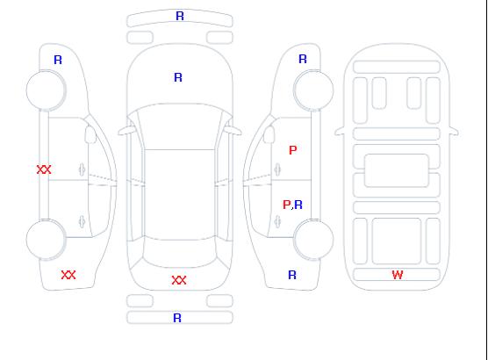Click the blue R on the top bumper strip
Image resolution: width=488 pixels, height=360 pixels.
[180, 16]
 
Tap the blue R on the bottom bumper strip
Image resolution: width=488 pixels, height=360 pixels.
[177, 318]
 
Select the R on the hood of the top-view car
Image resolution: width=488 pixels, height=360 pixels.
[178, 77]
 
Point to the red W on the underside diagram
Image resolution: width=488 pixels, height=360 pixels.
[398, 275]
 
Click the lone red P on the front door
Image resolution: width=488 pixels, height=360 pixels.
[293, 150]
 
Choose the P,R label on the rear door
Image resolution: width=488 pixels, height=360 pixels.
[292, 205]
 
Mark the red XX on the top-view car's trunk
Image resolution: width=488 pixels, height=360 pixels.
[179, 280]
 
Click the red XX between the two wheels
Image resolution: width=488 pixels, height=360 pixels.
[44, 169]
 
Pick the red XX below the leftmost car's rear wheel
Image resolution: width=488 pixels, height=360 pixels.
[68, 275]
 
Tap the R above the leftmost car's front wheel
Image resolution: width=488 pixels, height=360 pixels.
[58, 60]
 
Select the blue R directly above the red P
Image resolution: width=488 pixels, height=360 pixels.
[303, 59]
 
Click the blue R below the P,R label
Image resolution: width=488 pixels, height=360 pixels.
[292, 275]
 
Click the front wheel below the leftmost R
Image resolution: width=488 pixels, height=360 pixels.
[46, 90]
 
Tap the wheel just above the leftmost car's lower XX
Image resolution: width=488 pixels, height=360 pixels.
[46, 240]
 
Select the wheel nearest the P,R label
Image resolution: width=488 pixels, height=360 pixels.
[313, 240]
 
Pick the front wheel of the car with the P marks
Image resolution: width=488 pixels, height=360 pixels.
[313, 90]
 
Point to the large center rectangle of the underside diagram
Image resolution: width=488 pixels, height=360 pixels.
[397, 170]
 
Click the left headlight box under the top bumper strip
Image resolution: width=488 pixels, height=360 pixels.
[140, 38]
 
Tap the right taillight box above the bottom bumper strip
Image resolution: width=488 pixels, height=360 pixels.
[219, 301]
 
